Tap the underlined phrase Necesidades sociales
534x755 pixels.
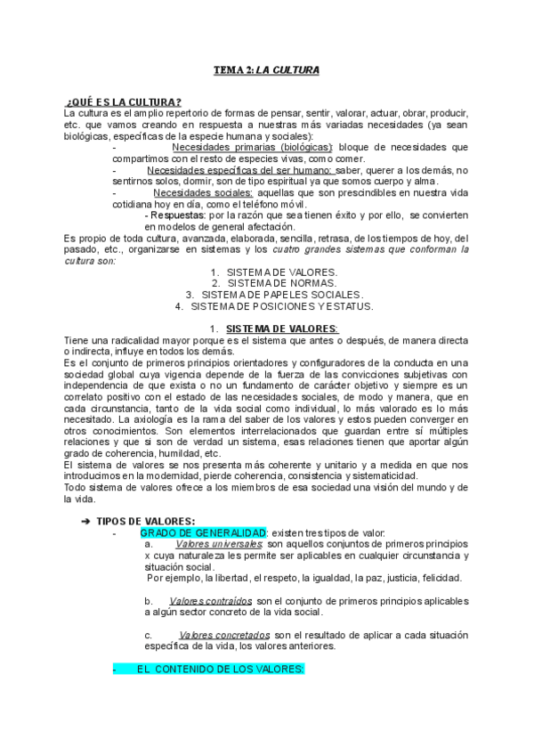(x=203, y=191)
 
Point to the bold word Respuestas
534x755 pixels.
(x=176, y=215)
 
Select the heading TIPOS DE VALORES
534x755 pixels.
(x=146, y=521)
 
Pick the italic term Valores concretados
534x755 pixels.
(x=223, y=635)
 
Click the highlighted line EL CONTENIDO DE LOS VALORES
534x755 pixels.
(x=220, y=669)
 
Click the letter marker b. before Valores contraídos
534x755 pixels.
(x=149, y=601)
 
